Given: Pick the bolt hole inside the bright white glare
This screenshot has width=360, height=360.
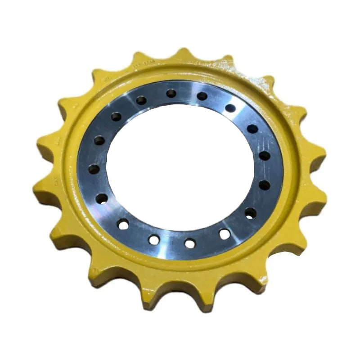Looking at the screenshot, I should pyautogui.click(x=230, y=108).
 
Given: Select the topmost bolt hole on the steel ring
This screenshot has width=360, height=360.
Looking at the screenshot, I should pyautogui.click(x=171, y=93).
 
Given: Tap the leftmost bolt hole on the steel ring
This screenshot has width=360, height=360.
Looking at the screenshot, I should pyautogui.click(x=94, y=169).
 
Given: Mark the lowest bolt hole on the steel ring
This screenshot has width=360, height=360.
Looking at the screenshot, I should pyautogui.click(x=190, y=243).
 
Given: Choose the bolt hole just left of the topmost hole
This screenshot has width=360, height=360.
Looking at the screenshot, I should pyautogui.click(x=141, y=100).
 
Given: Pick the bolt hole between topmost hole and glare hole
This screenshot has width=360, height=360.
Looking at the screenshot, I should pyautogui.click(x=202, y=96).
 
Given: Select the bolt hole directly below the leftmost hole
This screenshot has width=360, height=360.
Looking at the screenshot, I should pyautogui.click(x=102, y=198).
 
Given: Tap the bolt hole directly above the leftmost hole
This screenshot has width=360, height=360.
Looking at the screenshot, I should pyautogui.click(x=99, y=140).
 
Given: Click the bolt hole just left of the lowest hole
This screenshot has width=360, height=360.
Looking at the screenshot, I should pyautogui.click(x=154, y=240).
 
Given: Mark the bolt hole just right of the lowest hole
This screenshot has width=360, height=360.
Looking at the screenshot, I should pyautogui.click(x=224, y=234).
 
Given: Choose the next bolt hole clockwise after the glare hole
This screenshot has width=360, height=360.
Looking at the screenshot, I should pyautogui.click(x=252, y=129).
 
